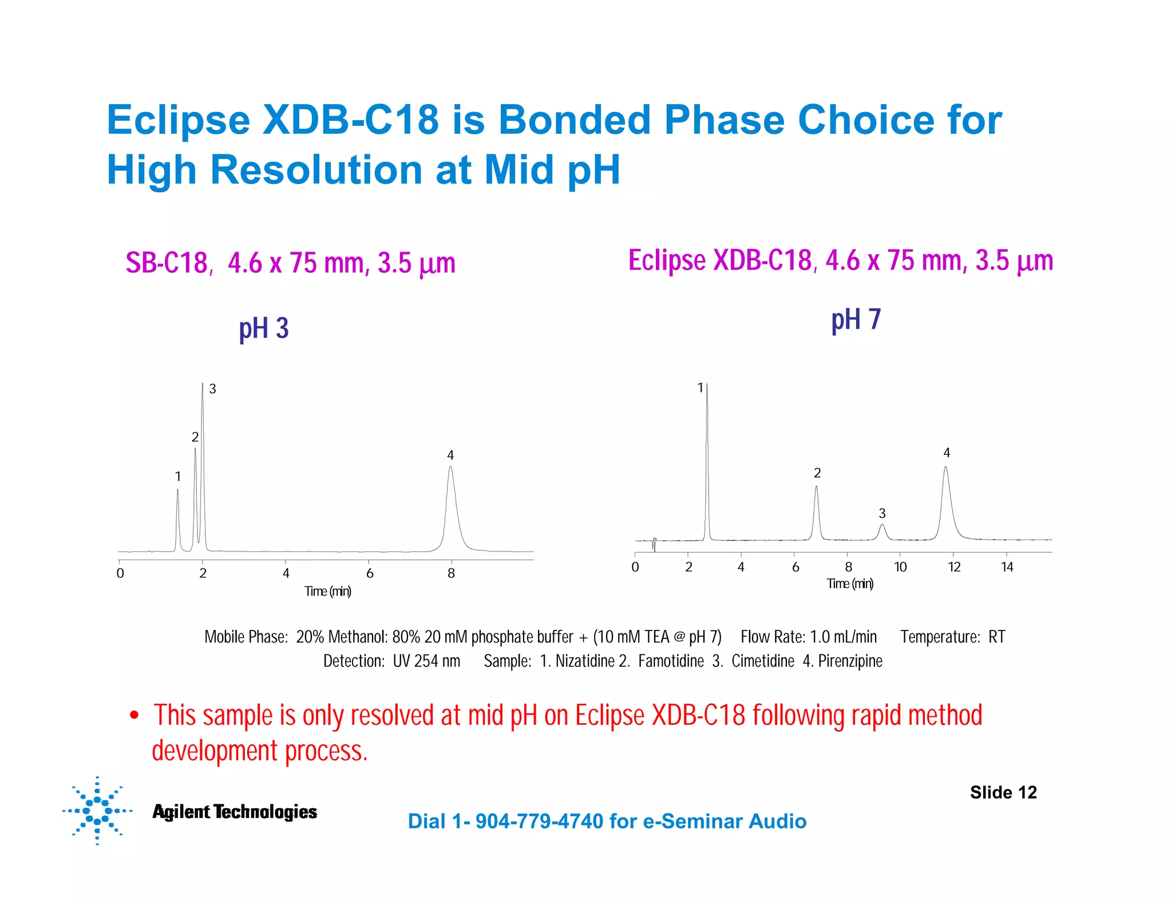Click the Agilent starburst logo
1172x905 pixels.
click(x=97, y=810)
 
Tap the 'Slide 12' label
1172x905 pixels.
click(x=1003, y=792)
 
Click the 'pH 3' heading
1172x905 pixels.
click(x=264, y=328)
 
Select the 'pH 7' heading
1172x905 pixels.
click(x=856, y=319)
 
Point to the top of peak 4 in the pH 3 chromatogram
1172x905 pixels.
click(x=450, y=467)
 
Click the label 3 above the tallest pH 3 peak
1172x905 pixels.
click(x=212, y=389)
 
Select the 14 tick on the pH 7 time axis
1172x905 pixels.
click(x=1007, y=567)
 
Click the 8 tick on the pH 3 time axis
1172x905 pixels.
click(x=451, y=573)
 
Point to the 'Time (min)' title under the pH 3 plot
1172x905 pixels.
click(x=327, y=591)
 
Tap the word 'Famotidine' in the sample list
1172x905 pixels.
click(x=671, y=661)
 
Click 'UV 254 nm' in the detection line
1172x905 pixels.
click(x=426, y=661)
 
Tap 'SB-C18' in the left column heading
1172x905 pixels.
click(x=167, y=263)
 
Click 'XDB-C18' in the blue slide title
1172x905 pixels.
click(x=350, y=120)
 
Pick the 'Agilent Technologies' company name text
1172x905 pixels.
click(x=234, y=812)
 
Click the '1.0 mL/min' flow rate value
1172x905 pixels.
click(x=843, y=637)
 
